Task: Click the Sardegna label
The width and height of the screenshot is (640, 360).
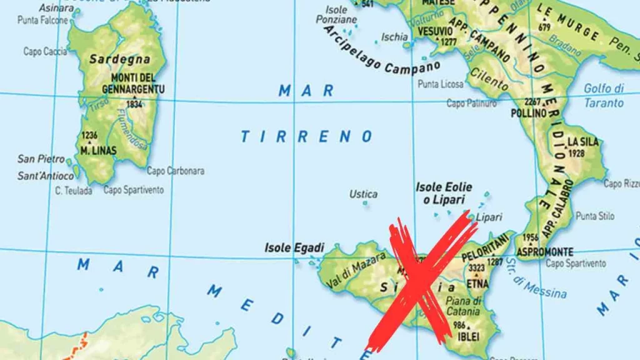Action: click(x=119, y=59)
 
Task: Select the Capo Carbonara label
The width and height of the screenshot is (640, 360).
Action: click(x=175, y=171)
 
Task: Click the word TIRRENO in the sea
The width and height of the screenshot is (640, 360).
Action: click(x=307, y=136)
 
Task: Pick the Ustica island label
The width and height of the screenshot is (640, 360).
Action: click(x=363, y=194)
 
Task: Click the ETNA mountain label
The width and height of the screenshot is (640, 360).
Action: click(x=477, y=283)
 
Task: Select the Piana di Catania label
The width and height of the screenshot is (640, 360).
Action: click(x=464, y=306)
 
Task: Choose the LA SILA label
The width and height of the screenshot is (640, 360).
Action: click(x=583, y=142)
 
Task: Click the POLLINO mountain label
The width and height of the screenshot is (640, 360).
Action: click(x=529, y=114)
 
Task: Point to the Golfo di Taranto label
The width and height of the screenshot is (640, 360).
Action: click(x=604, y=96)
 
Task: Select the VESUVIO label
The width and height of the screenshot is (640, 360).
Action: click(x=434, y=31)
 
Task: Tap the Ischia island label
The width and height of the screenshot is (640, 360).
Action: click(x=394, y=37)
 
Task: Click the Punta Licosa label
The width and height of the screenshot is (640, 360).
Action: click(x=441, y=84)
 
